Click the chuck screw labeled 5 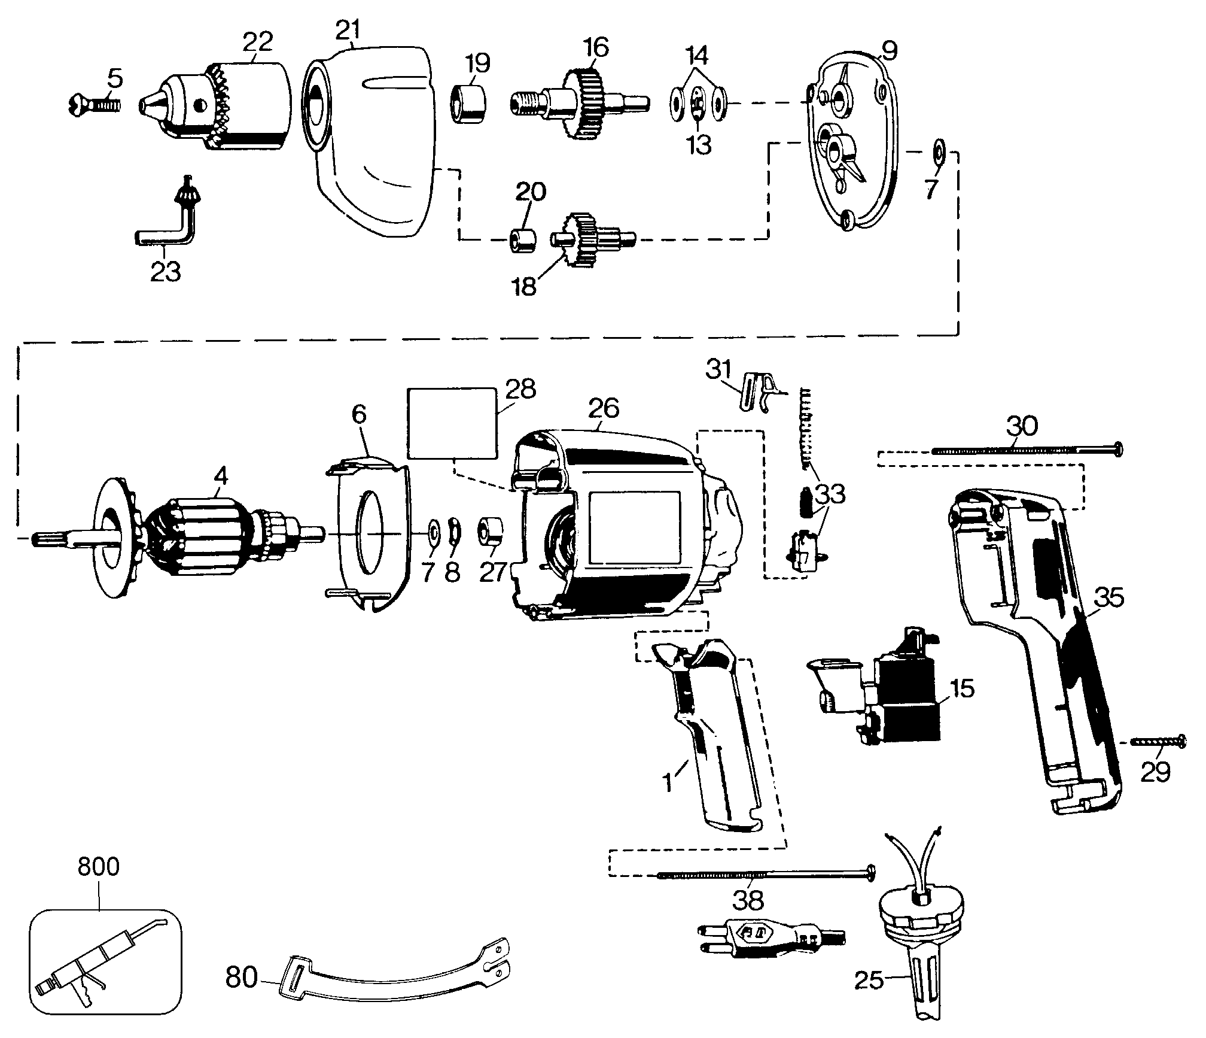[x=95, y=106]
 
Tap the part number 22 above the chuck [x=258, y=42]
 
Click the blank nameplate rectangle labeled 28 [x=452, y=422]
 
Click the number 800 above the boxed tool [x=99, y=867]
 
